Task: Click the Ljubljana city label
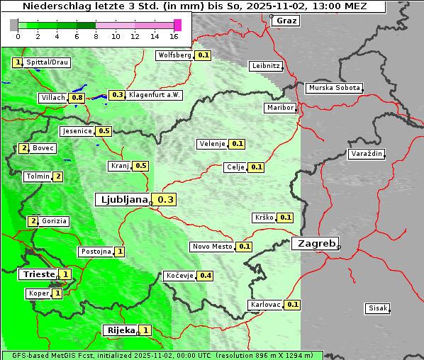(x=122, y=200)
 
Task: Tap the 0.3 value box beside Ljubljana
(x=165, y=200)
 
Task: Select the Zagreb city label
(x=315, y=243)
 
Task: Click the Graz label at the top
(x=286, y=20)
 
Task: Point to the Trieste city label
(x=38, y=274)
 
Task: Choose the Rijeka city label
(x=120, y=330)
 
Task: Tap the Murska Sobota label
(x=334, y=89)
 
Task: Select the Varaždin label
(x=366, y=154)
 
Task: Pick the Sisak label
(x=376, y=308)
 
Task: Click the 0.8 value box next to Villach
(x=77, y=97)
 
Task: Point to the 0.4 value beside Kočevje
(x=206, y=275)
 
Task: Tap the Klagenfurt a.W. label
(x=154, y=95)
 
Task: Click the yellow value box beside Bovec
(x=23, y=148)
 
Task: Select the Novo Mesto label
(x=212, y=247)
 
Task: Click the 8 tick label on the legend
(x=96, y=35)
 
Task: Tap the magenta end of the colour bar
(x=177, y=25)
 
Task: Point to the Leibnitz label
(x=266, y=66)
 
